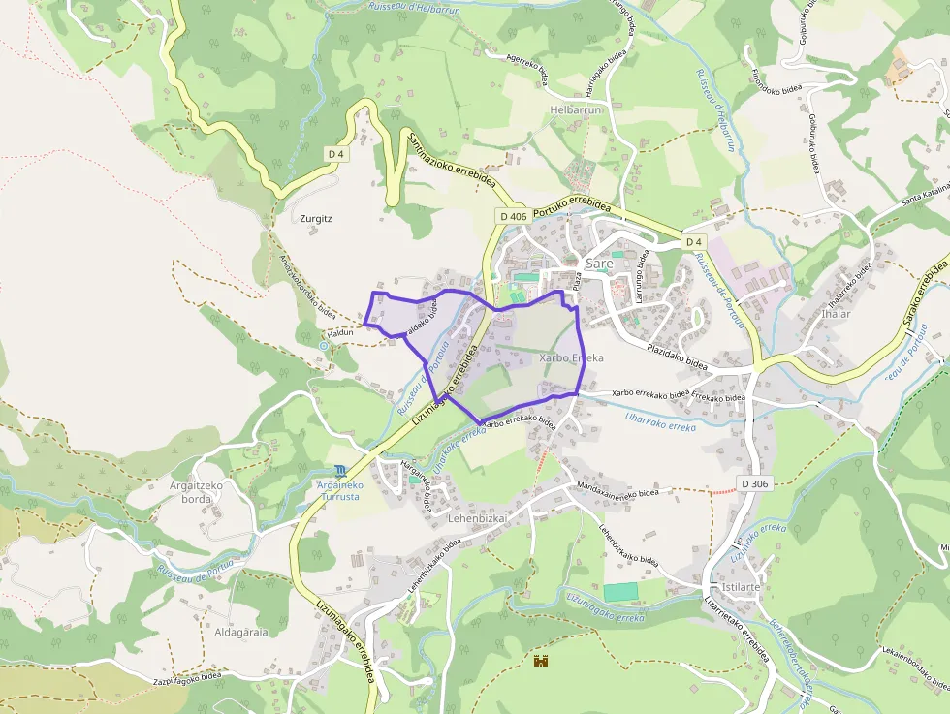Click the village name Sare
(599, 263)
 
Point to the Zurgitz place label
(316, 219)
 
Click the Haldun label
(340, 332)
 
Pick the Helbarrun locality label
(577, 110)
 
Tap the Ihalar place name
(836, 314)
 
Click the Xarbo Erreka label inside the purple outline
(571, 358)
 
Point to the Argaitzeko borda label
(197, 491)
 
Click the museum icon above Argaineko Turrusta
(339, 470)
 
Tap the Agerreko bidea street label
(528, 70)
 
